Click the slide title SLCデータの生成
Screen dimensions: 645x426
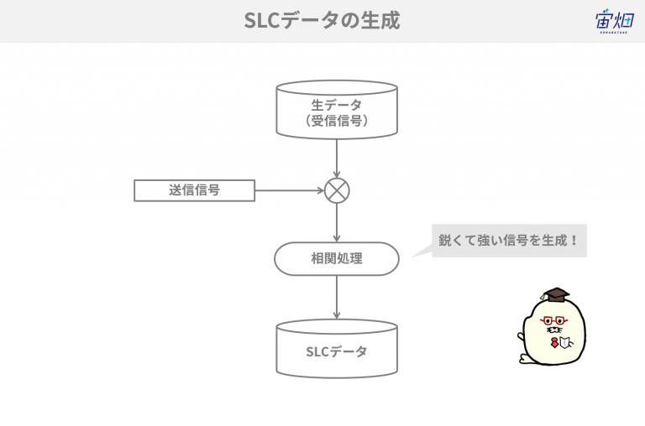[x=322, y=20]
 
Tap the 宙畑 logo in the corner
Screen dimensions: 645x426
[x=614, y=21]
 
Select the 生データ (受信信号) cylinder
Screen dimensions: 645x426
[x=337, y=109]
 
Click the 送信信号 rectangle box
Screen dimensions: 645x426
[x=195, y=190]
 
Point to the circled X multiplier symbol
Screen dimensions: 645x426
[x=337, y=190]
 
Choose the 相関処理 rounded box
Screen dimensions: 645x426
[x=337, y=258]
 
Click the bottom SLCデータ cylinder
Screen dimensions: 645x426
[x=337, y=349]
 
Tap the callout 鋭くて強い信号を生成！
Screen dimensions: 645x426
[x=509, y=241]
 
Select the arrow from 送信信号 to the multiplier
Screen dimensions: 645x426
[x=290, y=190]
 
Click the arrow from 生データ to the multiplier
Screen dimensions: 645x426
[x=337, y=158]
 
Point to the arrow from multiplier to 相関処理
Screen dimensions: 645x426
[x=337, y=223]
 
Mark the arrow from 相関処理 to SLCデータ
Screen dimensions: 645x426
[x=337, y=298]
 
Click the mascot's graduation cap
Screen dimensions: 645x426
[x=555, y=294]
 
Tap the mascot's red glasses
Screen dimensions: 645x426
[x=553, y=321]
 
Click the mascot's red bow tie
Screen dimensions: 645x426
[x=554, y=342]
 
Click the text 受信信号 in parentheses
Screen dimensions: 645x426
[x=337, y=121]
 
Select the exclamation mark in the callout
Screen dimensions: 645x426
[x=574, y=241]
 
